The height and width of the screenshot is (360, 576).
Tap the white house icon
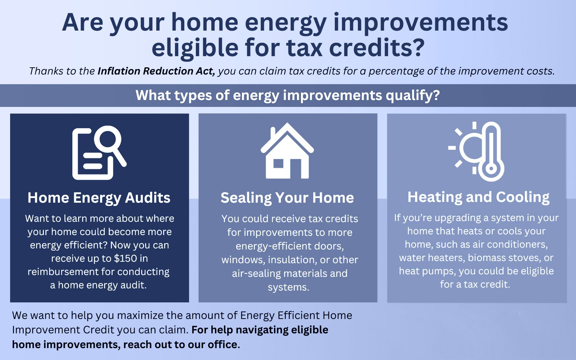(x=287, y=151)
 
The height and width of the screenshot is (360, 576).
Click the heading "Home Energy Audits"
(x=99, y=198)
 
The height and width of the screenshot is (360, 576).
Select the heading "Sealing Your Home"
(x=287, y=198)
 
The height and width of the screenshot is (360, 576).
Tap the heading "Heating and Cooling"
(x=478, y=197)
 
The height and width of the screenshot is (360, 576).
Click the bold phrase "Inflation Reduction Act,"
(x=156, y=71)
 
